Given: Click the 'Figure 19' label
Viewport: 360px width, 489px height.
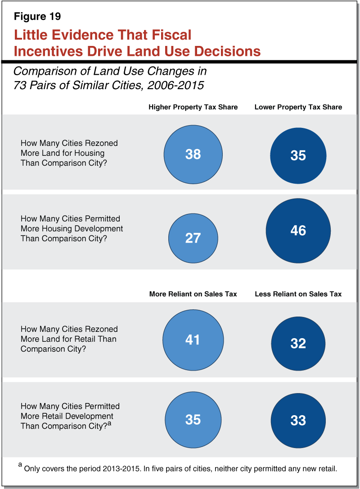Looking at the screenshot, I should (37, 17).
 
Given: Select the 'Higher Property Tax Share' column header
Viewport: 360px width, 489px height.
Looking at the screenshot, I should (193, 107).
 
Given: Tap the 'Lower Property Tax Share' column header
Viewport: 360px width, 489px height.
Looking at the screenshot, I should (298, 107).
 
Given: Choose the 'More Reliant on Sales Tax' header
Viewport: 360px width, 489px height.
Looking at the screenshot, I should (193, 294).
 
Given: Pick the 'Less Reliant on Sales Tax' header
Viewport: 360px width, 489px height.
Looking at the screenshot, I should (298, 294).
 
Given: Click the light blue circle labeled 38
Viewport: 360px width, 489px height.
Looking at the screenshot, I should (193, 154).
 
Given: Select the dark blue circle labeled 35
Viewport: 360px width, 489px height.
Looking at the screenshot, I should (298, 155).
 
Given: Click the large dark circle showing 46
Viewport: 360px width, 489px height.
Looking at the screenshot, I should (298, 231).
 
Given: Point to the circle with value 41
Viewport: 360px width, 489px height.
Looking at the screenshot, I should (193, 340).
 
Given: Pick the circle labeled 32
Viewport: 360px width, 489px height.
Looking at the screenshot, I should (298, 344).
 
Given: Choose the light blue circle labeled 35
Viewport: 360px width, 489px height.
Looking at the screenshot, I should (193, 420).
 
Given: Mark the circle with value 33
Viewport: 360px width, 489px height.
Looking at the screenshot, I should (298, 421).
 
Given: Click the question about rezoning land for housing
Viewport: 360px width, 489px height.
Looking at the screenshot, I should (69, 153).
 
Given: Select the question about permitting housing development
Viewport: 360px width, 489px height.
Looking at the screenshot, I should (72, 229).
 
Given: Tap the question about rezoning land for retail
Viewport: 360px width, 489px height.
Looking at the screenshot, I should (69, 339).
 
